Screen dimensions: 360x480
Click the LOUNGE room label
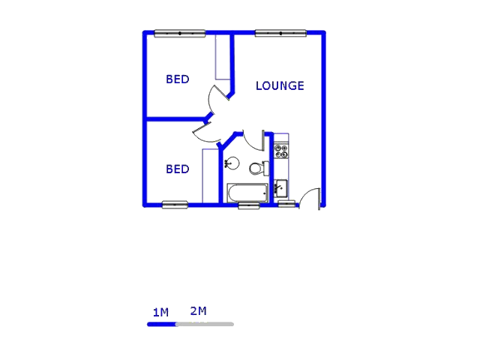point(280,85)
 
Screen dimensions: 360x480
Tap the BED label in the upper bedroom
point(178,79)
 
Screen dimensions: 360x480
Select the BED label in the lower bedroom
point(178,169)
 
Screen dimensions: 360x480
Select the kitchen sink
point(280,187)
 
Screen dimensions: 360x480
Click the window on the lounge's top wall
point(280,33)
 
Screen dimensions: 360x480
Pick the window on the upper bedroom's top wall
point(180,33)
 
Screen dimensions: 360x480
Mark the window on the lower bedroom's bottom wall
point(175,204)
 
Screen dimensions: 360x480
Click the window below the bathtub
point(249,205)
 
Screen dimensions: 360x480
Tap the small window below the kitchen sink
point(286,203)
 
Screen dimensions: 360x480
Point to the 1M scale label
point(160,312)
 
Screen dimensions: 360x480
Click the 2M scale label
point(198,310)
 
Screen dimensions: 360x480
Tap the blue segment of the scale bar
point(161,324)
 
